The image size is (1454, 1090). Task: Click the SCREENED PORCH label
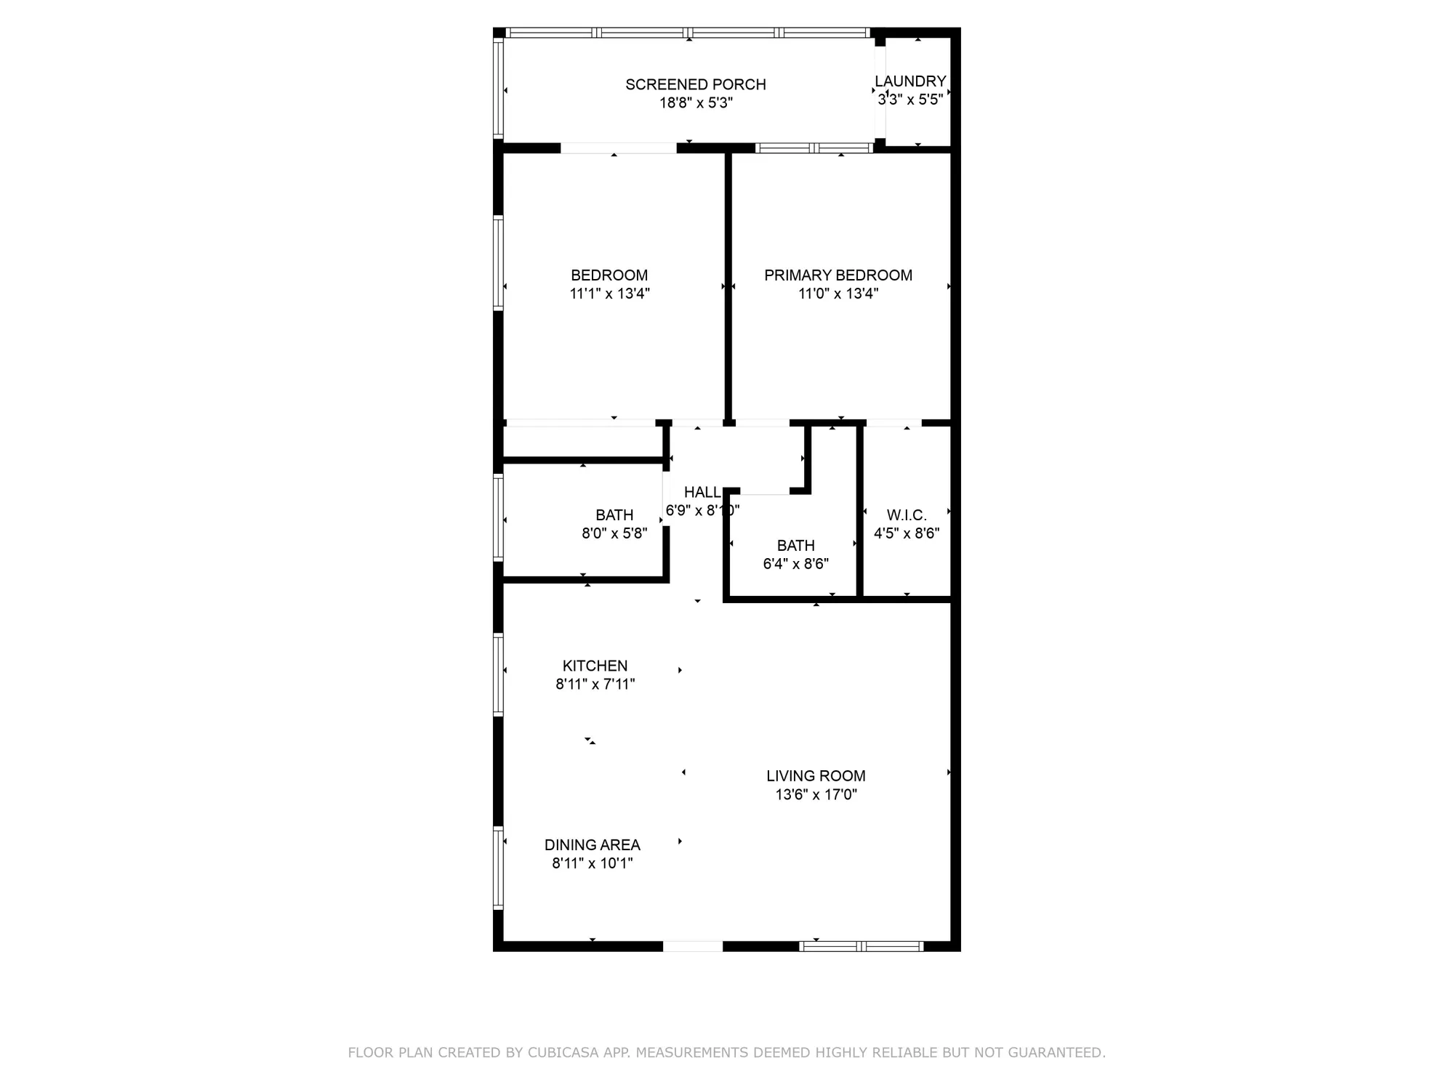(696, 84)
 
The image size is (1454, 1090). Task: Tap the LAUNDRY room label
(910, 81)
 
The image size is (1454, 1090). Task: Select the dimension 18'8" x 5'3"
(696, 103)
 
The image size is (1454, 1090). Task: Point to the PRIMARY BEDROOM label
(838, 275)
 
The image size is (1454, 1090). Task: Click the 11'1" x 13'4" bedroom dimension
(609, 294)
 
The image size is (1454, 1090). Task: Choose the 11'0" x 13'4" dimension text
(838, 294)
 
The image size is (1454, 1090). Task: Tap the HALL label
(702, 493)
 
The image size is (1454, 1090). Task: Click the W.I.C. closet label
(906, 515)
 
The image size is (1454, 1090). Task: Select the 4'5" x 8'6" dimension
(906, 533)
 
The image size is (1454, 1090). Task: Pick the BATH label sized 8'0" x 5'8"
(614, 515)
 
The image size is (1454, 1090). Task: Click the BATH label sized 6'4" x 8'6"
(795, 546)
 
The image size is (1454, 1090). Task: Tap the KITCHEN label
(595, 666)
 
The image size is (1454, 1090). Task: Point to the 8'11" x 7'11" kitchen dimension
(595, 684)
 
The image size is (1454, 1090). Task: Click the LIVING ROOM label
(816, 776)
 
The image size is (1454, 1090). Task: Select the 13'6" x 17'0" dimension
(816, 794)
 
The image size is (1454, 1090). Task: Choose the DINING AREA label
(592, 845)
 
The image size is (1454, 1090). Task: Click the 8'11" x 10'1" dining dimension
(592, 863)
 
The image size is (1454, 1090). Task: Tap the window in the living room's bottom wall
(861, 946)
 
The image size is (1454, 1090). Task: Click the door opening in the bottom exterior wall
(693, 946)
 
